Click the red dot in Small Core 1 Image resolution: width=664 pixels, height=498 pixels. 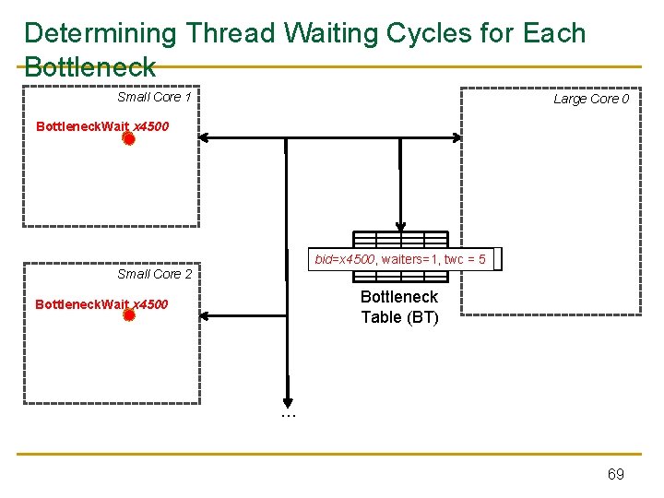click(129, 139)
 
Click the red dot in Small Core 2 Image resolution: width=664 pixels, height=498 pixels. click(129, 315)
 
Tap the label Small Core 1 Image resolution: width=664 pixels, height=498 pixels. click(153, 97)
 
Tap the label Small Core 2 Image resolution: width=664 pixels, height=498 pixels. click(154, 274)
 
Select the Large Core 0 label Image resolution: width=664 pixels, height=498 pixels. click(590, 99)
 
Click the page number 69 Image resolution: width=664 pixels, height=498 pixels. click(615, 474)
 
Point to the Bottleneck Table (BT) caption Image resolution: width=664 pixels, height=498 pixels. click(399, 307)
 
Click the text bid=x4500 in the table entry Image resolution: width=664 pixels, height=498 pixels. click(343, 259)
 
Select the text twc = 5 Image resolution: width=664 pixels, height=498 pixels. click(465, 259)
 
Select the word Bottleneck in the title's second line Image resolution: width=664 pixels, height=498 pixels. click(90, 66)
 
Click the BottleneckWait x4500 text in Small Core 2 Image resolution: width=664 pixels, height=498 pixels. click(101, 303)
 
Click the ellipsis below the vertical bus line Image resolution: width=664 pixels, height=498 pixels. click(288, 416)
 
